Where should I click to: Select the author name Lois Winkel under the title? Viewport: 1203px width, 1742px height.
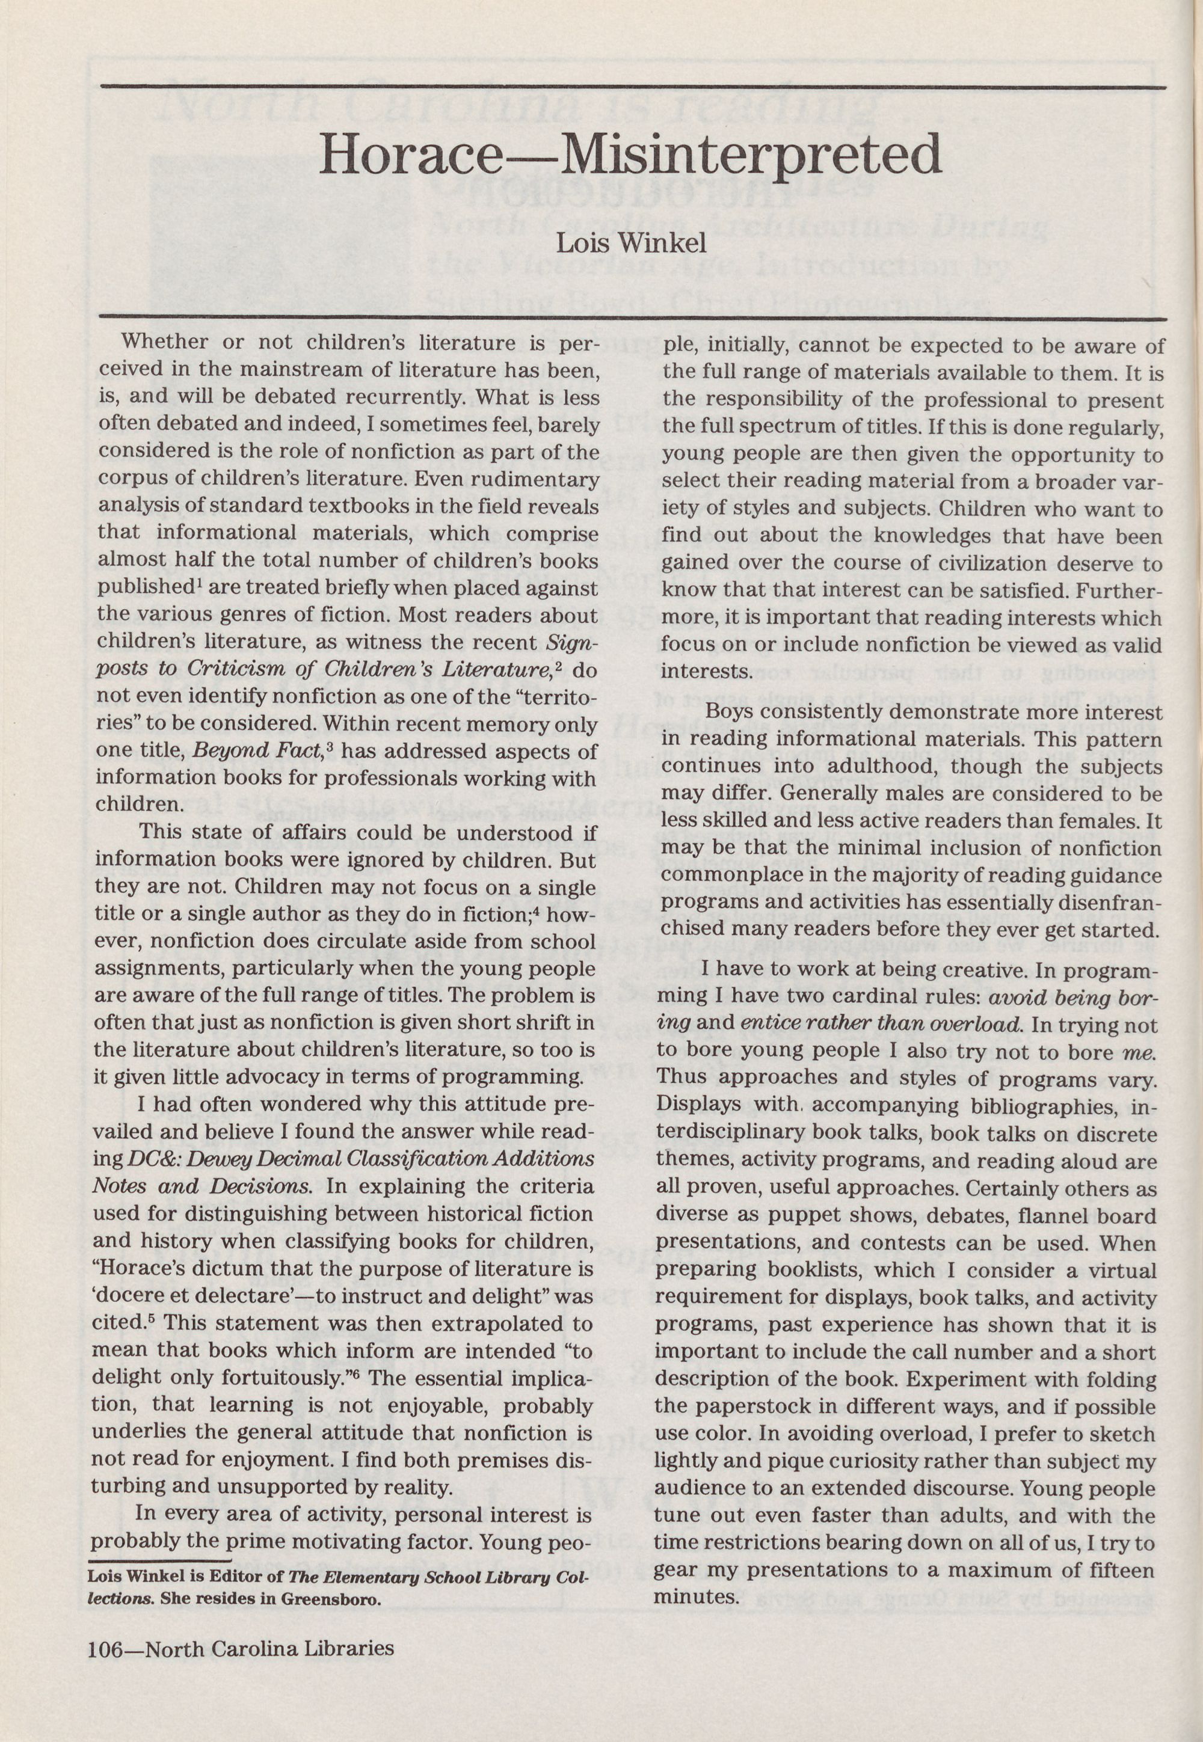(x=631, y=244)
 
